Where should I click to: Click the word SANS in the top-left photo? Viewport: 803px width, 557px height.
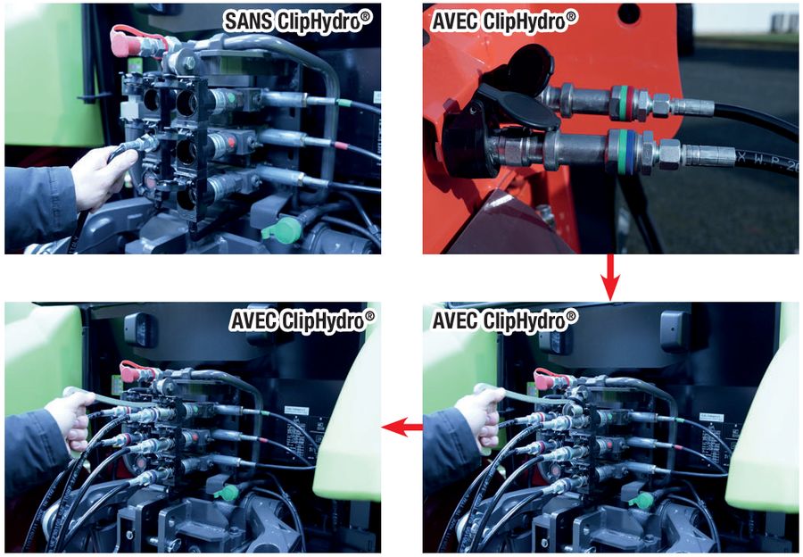247,21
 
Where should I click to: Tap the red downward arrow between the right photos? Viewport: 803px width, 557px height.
609,278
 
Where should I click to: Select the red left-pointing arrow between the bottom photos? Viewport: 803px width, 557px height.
402,427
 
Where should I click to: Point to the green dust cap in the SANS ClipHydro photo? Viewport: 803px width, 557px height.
283,229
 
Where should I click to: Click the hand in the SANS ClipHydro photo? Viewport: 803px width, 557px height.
99,177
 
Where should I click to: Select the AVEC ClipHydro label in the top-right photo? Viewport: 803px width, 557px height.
503,21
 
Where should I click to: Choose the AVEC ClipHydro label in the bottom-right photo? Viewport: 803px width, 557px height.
504,320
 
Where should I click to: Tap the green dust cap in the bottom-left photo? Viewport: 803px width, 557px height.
226,493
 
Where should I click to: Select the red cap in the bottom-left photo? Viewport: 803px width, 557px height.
132,371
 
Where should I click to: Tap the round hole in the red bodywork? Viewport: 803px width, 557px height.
632,13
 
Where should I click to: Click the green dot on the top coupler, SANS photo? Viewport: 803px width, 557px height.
231,96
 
